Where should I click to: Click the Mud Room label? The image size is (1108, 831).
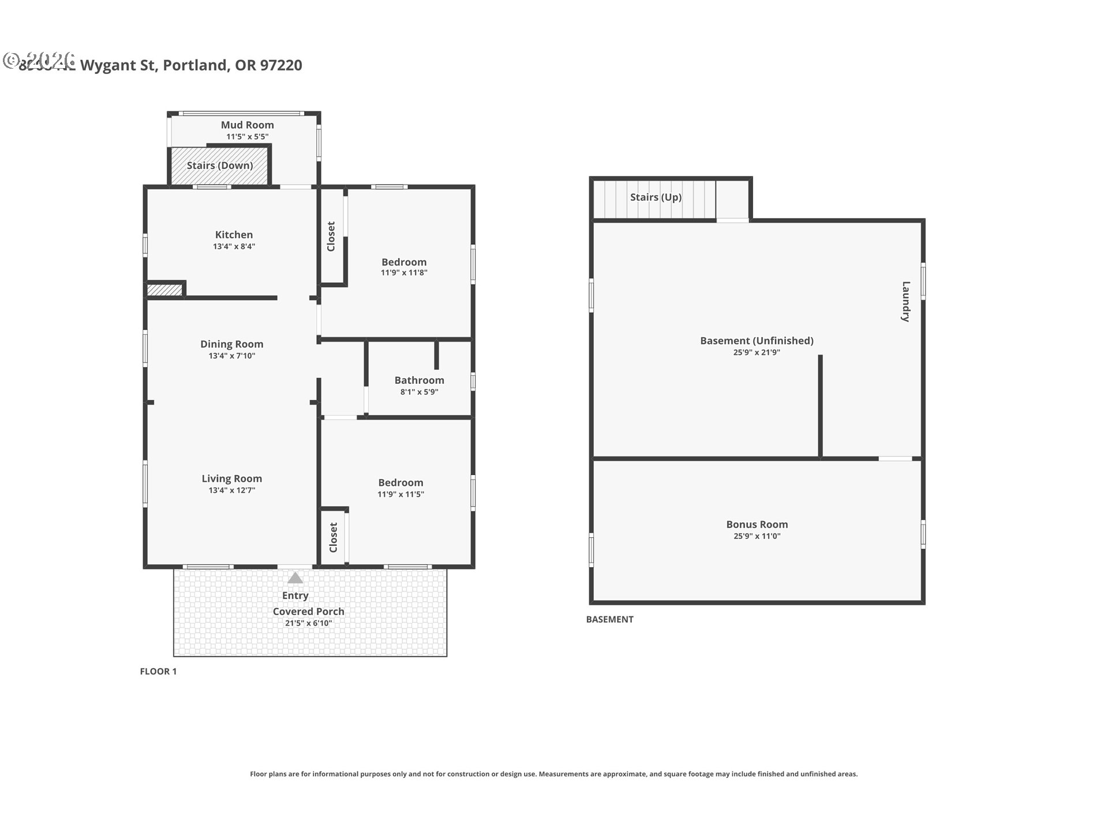pos(247,125)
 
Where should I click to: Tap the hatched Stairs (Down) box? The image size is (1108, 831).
pos(219,166)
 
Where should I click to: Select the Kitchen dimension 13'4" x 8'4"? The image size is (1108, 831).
pos(234,246)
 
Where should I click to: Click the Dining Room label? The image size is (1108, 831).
pos(231,344)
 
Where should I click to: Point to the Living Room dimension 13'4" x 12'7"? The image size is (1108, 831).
pos(231,491)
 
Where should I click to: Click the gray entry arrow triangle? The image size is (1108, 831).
pos(295,578)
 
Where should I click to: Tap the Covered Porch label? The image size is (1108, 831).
pos(308,611)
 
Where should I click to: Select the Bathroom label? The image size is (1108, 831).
pos(419,380)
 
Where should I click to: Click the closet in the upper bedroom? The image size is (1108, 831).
pos(331,236)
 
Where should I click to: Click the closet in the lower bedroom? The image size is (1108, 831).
pos(334,537)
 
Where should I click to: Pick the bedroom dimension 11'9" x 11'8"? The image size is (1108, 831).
pos(403,273)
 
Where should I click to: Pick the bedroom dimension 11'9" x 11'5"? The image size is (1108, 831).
pos(400,495)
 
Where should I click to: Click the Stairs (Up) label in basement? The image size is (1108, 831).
pos(656,197)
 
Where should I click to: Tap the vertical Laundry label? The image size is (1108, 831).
pos(905,301)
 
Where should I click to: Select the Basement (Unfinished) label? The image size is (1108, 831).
pos(757,340)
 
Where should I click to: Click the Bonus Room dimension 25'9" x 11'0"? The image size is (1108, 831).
pos(757,536)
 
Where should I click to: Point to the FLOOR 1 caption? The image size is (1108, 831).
pos(158,671)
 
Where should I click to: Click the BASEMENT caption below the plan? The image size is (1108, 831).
pos(609,619)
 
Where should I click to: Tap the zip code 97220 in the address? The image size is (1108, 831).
pos(281,65)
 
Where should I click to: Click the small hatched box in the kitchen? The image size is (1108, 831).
pos(164,290)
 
